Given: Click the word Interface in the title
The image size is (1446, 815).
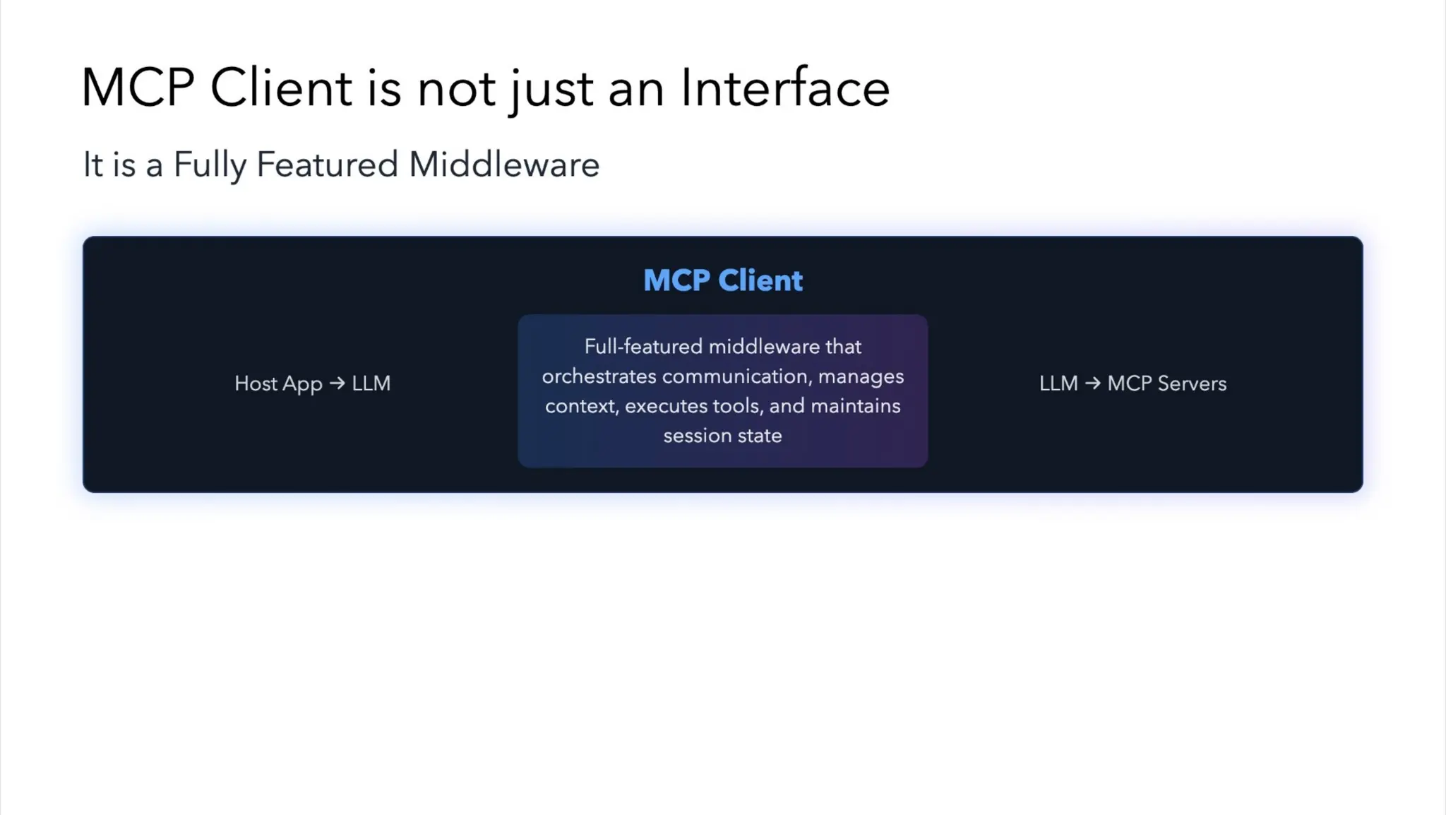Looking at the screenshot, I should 784,88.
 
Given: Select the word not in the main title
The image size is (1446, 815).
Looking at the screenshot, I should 456,90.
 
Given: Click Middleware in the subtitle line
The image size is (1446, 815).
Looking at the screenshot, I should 503,165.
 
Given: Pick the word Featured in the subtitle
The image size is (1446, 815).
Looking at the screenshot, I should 327,165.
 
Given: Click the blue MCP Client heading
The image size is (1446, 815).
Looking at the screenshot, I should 722,280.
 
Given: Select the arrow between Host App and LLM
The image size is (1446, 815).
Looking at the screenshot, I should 337,383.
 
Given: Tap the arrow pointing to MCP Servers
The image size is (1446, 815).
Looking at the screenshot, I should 1092,383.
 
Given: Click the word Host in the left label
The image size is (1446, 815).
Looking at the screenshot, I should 255,383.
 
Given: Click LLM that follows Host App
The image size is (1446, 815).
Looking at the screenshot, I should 371,383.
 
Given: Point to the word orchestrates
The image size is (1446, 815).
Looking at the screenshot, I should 599,376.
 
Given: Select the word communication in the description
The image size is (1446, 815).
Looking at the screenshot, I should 736,376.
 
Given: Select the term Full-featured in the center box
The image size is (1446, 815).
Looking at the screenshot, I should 643,347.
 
